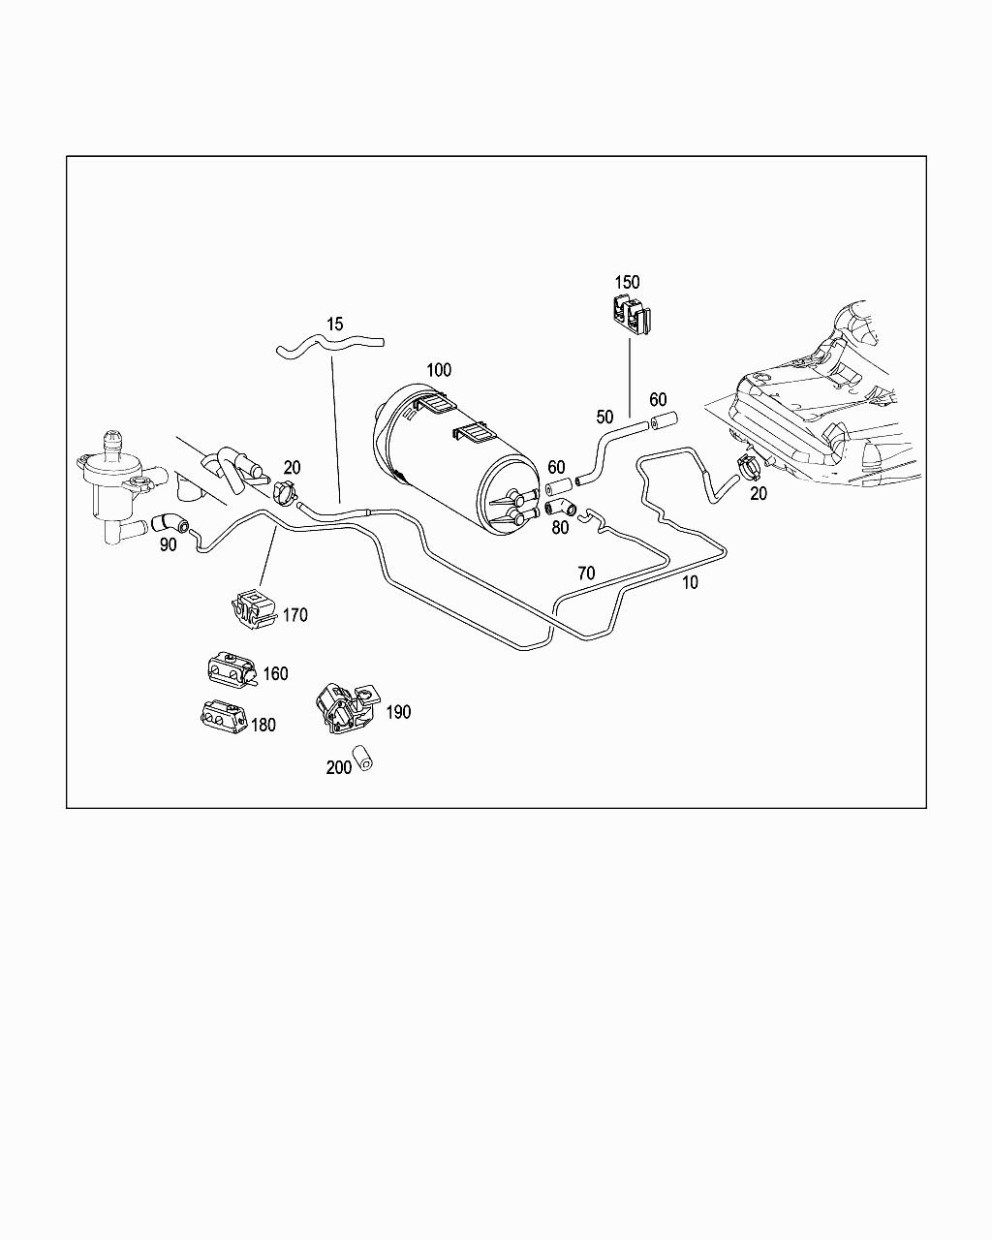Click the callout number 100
tap(438, 370)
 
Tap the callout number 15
tap(335, 324)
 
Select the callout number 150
tap(627, 282)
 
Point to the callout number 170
tap(295, 614)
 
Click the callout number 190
tap(398, 712)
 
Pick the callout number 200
tap(339, 767)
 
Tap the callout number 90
tap(169, 544)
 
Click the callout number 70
tap(585, 573)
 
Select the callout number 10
tap(689, 583)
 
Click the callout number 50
tap(604, 417)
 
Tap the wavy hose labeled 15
tap(329, 347)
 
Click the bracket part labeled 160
tap(231, 670)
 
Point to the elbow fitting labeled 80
tap(560, 507)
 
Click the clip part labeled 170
tap(251, 606)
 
